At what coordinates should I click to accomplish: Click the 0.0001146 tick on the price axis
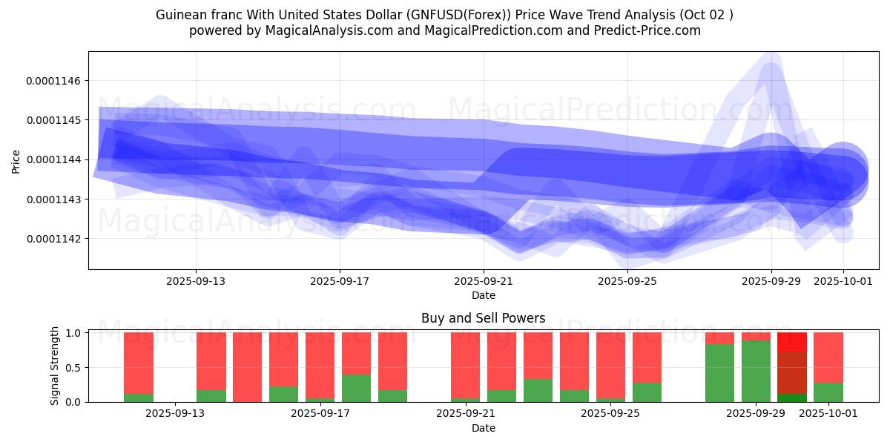pos(56,80)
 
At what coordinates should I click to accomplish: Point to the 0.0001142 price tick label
pos(56,239)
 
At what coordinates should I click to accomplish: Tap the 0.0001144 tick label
pos(56,159)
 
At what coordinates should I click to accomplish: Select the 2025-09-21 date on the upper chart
pos(484,281)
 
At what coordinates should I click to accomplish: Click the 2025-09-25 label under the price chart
pos(627,281)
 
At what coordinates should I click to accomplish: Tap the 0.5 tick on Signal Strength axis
pos(73,368)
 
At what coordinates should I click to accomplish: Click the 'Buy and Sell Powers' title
pos(483,319)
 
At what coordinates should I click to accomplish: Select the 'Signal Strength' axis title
pos(54,366)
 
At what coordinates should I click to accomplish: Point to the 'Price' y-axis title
pos(16,161)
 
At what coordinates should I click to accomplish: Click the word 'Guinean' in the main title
pos(179,15)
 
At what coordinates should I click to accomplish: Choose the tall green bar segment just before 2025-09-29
pos(719,373)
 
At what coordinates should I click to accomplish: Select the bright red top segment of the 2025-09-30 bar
pos(792,342)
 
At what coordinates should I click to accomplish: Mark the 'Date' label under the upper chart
pos(484,295)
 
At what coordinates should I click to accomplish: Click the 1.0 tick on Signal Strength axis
pos(73,333)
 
